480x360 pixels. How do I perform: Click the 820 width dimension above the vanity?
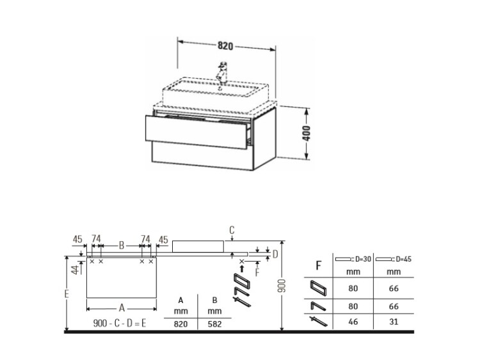click(x=225, y=46)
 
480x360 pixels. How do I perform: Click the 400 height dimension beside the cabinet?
click(x=306, y=133)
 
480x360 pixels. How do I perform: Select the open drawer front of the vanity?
click(x=196, y=132)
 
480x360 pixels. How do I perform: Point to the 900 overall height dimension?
click(x=282, y=286)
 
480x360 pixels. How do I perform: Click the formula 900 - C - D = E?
click(x=120, y=324)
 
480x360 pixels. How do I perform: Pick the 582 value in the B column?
click(x=214, y=324)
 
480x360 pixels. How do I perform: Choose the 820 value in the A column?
click(x=180, y=324)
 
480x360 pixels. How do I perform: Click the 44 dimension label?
click(x=76, y=270)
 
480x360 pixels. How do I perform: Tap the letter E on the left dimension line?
click(x=67, y=294)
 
